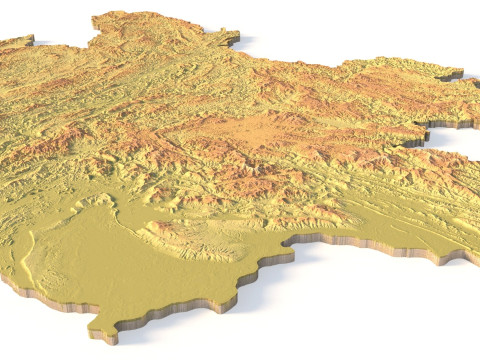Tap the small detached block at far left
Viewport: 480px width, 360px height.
[x=16, y=42]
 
